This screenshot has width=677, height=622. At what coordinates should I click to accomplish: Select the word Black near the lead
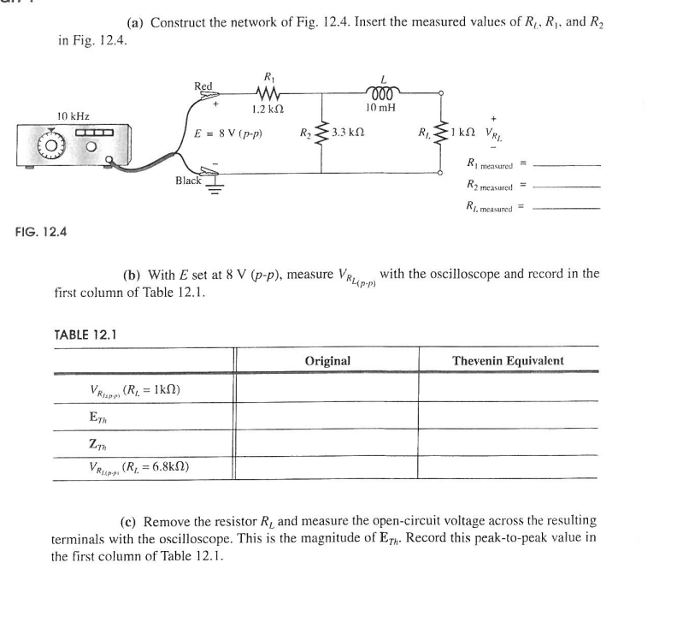coord(188,181)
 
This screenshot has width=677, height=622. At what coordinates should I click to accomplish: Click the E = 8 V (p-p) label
coord(228,134)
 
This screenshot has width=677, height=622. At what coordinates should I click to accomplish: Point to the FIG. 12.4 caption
coord(42,230)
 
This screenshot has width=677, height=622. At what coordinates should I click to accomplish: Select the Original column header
coord(327,360)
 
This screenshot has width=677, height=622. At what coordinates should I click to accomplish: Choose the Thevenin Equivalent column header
coord(509,360)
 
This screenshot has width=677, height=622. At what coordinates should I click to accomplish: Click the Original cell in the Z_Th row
coord(327,442)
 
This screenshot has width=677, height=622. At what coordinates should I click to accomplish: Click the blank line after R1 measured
coord(565,165)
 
